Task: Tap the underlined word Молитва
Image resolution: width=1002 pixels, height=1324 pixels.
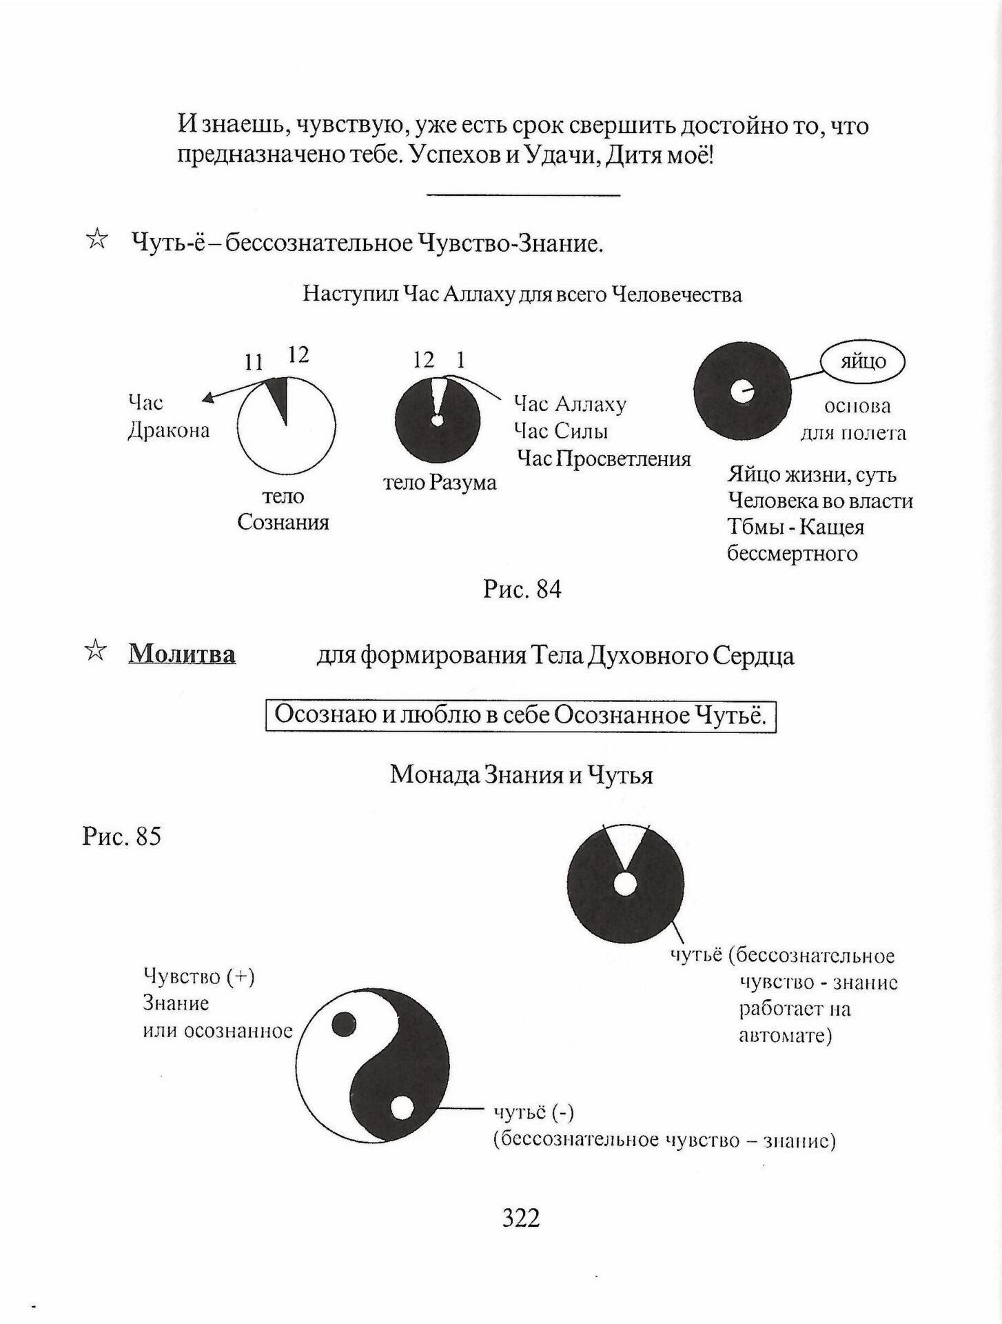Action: (x=182, y=654)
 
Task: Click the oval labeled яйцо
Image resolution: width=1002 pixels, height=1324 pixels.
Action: (x=862, y=361)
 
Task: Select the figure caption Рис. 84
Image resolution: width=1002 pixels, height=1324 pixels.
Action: (x=522, y=589)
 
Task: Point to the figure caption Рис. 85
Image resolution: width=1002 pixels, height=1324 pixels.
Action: (x=121, y=836)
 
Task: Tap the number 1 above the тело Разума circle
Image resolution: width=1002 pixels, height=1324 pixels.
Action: (x=460, y=359)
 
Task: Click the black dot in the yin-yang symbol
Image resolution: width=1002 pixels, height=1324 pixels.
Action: (x=344, y=1025)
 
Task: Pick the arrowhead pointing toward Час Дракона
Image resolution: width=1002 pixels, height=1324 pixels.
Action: (x=206, y=398)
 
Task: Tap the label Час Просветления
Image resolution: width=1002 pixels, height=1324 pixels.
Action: (x=604, y=459)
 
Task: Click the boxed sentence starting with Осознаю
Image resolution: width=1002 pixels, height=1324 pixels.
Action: (x=520, y=715)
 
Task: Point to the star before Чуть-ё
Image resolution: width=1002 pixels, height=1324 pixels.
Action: (x=96, y=241)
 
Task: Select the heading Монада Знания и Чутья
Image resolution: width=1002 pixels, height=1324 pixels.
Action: (x=521, y=775)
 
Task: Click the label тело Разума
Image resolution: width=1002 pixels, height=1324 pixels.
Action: (x=440, y=483)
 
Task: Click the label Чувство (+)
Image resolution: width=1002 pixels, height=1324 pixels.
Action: (x=198, y=976)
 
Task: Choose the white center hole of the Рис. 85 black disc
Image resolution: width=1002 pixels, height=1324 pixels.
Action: (x=624, y=884)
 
